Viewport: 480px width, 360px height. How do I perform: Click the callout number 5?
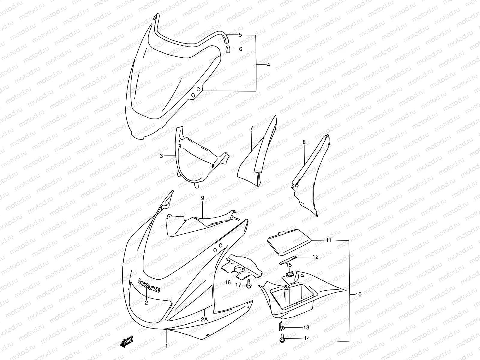(x=240, y=35)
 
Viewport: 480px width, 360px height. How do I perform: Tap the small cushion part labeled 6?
(x=228, y=49)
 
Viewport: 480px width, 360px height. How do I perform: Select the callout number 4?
(x=268, y=64)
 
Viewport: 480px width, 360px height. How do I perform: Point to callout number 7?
(x=251, y=128)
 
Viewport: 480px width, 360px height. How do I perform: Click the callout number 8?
(x=304, y=142)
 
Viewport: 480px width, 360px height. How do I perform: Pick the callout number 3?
(x=161, y=156)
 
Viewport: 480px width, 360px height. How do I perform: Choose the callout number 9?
(x=202, y=198)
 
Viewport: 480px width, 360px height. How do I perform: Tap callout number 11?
(x=328, y=240)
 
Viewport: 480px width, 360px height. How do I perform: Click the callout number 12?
(x=315, y=257)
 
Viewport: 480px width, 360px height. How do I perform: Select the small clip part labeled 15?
(x=290, y=274)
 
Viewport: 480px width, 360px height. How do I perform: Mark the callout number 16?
(x=228, y=282)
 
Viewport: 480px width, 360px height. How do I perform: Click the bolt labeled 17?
(x=249, y=286)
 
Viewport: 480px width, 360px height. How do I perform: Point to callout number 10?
(x=358, y=294)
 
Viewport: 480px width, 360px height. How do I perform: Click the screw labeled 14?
(x=282, y=338)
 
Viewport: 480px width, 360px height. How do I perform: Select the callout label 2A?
(x=204, y=319)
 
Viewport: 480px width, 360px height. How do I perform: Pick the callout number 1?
(x=166, y=346)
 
